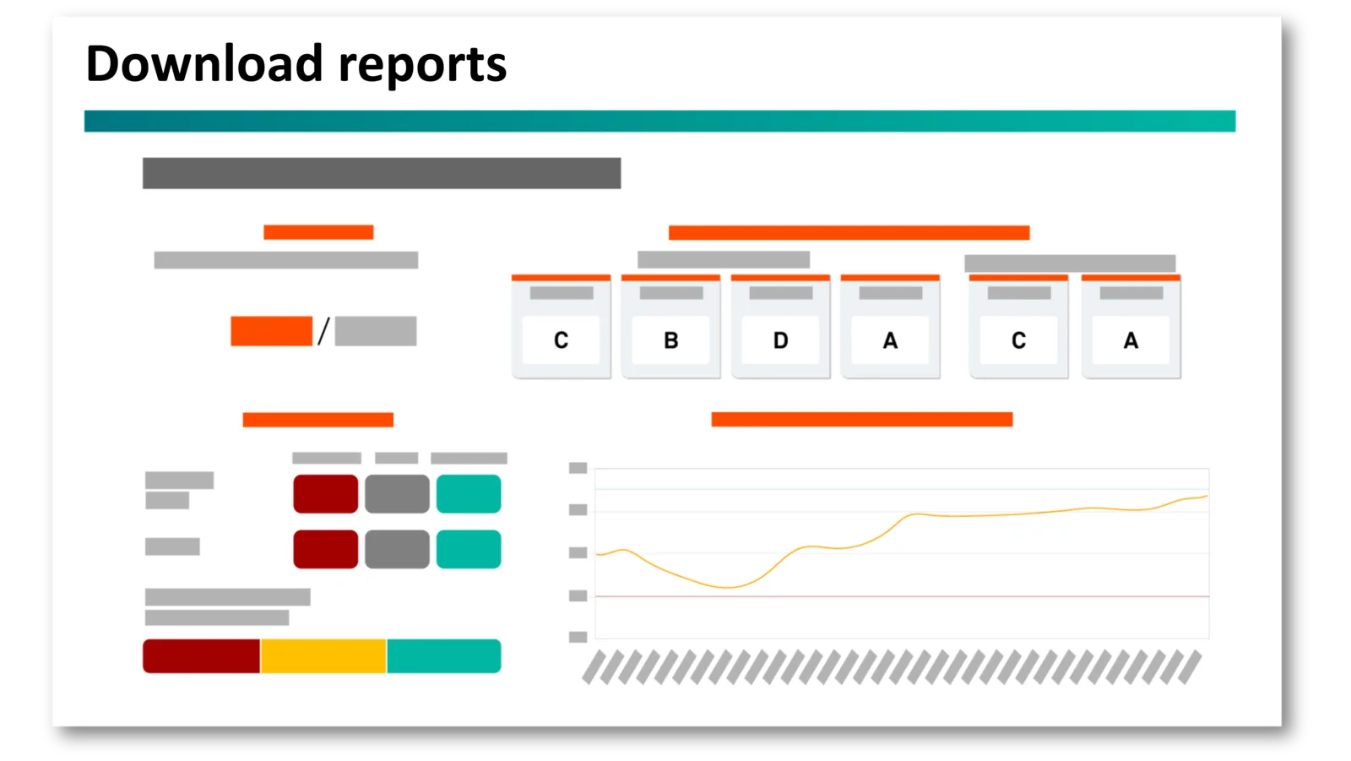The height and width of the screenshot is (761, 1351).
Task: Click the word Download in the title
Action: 204,63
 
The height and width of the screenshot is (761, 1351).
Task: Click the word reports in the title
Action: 422,68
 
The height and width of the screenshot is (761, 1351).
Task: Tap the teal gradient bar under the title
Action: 659,121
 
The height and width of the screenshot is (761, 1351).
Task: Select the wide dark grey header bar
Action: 382,173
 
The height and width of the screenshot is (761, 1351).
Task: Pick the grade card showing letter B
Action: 670,327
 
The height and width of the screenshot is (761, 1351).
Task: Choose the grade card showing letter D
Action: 780,327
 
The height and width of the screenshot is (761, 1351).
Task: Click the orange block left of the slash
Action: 271,331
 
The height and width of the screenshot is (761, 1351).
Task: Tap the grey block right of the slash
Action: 376,331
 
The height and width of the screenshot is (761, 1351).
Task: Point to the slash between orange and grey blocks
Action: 324,331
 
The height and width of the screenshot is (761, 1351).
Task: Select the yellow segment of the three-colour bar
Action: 323,656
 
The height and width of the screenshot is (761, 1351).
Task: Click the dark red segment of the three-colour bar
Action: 202,656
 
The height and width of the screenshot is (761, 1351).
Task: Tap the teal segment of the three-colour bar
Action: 444,656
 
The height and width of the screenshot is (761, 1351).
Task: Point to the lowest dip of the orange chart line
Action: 729,587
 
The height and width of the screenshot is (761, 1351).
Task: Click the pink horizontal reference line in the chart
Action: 903,596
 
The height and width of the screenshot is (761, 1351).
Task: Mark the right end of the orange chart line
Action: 1207,496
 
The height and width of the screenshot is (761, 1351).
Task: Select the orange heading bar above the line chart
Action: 862,420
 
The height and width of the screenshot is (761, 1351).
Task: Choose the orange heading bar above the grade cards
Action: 849,232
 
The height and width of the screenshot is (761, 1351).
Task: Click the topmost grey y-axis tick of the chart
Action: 578,468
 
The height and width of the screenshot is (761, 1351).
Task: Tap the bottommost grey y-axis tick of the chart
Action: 578,637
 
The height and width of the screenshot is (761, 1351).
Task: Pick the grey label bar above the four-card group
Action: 724,259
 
